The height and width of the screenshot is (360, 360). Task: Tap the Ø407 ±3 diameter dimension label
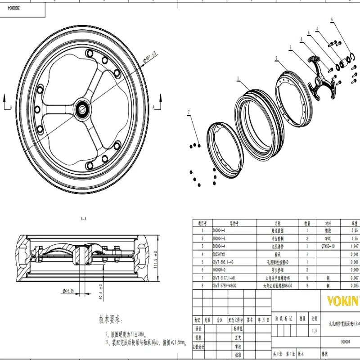149,58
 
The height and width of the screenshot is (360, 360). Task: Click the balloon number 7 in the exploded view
189,112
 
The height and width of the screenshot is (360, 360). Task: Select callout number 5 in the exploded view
333,20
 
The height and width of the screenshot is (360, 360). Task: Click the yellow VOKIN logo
342,300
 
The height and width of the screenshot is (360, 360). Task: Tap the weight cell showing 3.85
354,230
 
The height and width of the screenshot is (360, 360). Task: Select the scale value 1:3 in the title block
314,331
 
